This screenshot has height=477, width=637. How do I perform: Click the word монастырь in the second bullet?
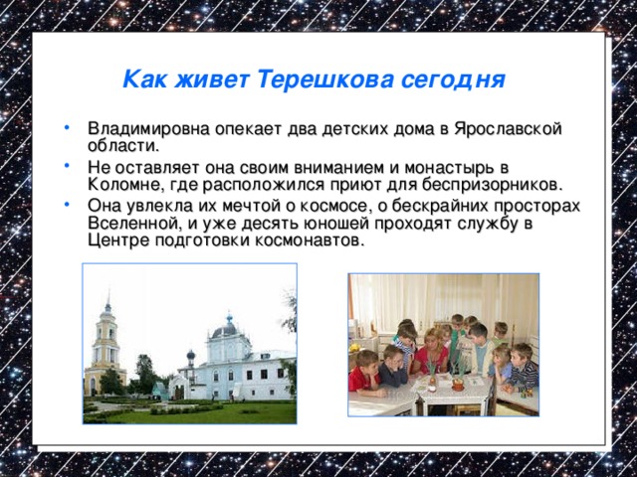pos(440,167)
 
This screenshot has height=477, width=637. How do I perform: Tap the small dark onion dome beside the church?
pos(190,356)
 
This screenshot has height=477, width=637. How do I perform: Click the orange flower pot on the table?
pos(457,383)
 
